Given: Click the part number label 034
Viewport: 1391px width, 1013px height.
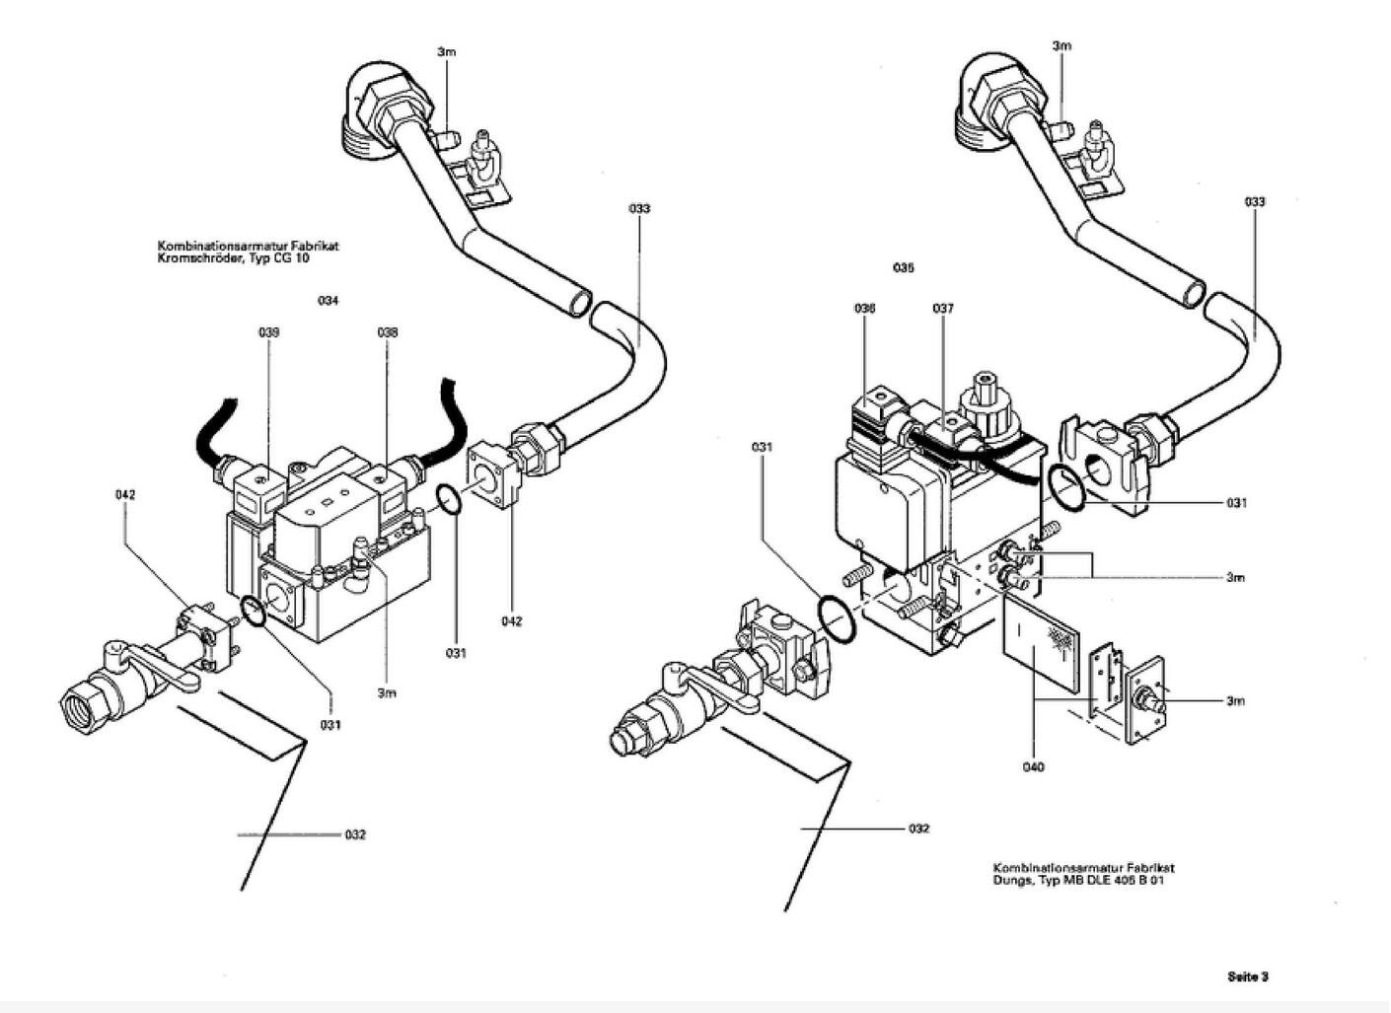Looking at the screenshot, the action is coord(329,301).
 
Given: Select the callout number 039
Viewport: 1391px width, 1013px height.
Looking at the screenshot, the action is coord(269,332).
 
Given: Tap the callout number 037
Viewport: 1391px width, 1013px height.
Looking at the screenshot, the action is coord(943,309).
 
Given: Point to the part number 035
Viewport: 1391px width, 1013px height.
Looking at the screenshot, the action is coord(904,268).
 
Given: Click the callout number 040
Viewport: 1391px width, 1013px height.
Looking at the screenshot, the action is coord(1033,767).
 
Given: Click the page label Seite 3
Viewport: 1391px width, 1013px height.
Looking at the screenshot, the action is coord(1248,977).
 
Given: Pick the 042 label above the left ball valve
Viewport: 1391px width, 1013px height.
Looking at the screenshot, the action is coord(125,495).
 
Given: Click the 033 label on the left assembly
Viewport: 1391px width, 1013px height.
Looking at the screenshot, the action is coord(639,208).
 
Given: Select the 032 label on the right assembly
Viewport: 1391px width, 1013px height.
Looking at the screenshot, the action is coord(919,829).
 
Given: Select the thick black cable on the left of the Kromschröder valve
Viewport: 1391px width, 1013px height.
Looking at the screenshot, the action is coord(215,435).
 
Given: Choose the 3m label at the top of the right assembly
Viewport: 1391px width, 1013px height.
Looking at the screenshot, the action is coord(1062,46).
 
